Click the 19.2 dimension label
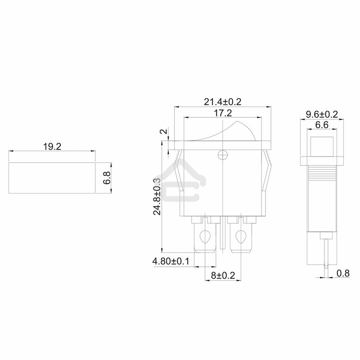[52, 147]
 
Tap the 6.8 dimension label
[107, 178]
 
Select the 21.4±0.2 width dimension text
[222, 102]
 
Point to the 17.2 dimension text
[223, 113]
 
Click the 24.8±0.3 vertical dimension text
[157, 197]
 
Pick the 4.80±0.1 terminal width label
[171, 261]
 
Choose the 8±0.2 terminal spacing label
[223, 275]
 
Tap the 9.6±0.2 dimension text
[322, 114]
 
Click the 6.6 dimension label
[322, 125]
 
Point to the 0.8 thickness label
[343, 273]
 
